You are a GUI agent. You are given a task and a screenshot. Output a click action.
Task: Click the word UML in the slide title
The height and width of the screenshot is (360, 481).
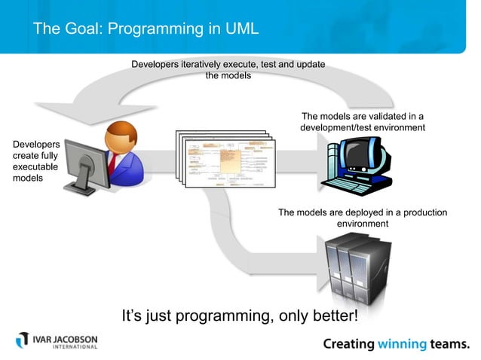point(240,29)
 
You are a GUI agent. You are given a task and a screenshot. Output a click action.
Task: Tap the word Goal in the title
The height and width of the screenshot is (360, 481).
point(78,29)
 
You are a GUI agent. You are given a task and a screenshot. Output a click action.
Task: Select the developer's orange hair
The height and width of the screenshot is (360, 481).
point(121,134)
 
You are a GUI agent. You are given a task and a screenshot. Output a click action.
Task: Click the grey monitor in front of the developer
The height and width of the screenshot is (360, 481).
point(81,167)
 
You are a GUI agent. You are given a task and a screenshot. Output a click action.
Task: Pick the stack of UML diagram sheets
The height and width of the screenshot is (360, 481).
point(225,157)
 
